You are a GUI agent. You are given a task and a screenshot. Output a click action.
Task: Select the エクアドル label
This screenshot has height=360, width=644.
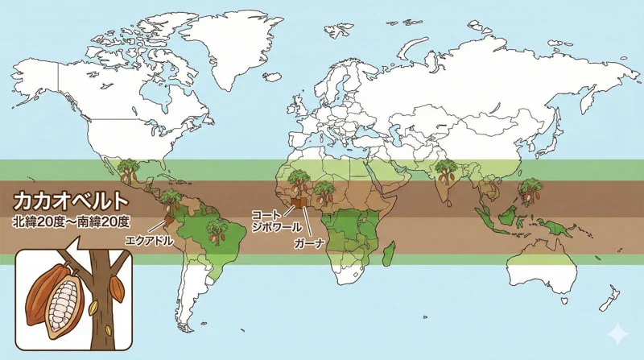click(149, 240)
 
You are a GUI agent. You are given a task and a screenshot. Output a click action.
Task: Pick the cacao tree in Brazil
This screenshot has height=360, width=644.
click(217, 232)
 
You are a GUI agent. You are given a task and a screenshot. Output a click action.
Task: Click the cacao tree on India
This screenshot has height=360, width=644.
click(445, 172)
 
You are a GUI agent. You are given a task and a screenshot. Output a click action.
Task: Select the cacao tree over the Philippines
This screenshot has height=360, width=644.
click(528, 190)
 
